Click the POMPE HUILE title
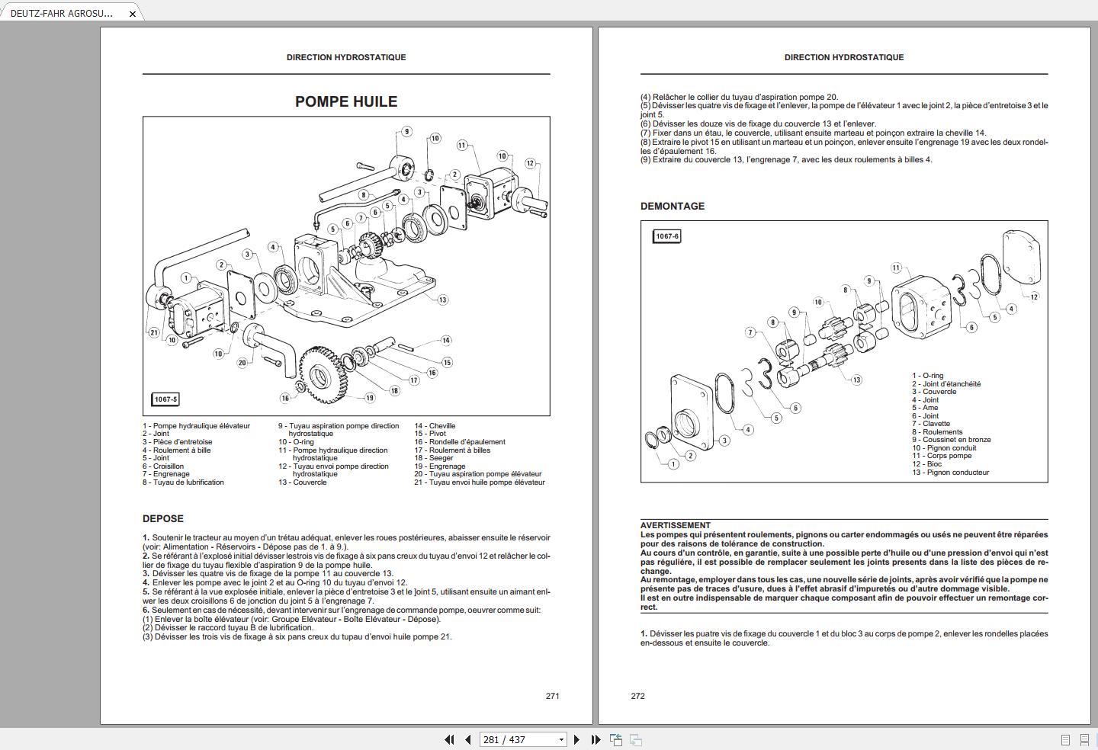tap(346, 101)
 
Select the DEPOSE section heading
tap(162, 518)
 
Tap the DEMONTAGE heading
tap(673, 206)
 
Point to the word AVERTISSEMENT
tap(675, 525)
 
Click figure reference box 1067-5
tap(165, 399)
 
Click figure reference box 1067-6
tap(666, 236)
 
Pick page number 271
tap(552, 696)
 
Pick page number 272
tap(638, 696)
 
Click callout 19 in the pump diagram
tap(370, 397)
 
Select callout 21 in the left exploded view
tap(154, 332)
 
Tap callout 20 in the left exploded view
tap(242, 363)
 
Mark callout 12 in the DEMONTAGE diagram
tap(1034, 296)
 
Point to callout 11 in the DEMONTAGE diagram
tap(896, 268)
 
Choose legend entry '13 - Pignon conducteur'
tap(950, 473)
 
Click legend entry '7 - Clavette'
tap(931, 424)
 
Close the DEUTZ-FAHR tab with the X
tap(132, 14)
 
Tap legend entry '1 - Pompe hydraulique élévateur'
tap(196, 426)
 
